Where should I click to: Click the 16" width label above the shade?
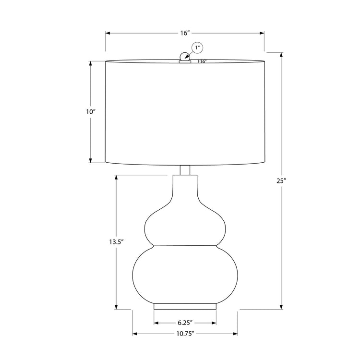click(185, 33)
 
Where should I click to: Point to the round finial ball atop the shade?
click(184, 57)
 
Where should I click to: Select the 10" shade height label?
click(91, 111)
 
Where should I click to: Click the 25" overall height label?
click(281, 181)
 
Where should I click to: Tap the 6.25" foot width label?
click(185, 323)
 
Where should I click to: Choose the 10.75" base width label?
click(185, 334)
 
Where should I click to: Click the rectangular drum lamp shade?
click(185, 111)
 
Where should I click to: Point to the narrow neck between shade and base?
click(185, 170)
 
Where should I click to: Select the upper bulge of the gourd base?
click(185, 226)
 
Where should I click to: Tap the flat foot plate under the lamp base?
click(185, 306)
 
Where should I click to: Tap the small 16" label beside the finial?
click(203, 61)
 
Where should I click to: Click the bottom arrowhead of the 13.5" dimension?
click(116, 307)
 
